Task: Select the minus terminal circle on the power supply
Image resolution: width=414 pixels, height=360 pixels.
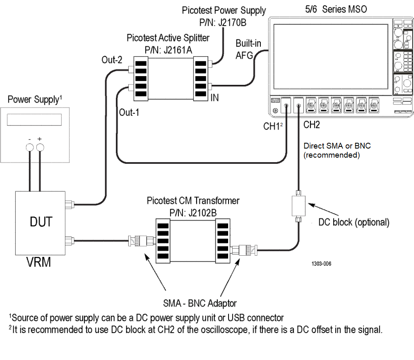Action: (x=30, y=148)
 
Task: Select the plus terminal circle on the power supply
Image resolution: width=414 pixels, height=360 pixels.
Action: (x=40, y=148)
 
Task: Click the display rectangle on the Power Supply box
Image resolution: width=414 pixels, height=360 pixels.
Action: (x=34, y=120)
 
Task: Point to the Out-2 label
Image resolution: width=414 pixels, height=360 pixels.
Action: (x=112, y=60)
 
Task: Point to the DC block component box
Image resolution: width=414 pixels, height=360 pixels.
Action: (x=298, y=206)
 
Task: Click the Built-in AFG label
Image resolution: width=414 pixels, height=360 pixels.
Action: (x=248, y=50)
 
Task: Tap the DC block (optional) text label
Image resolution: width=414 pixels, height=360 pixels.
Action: (x=354, y=222)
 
